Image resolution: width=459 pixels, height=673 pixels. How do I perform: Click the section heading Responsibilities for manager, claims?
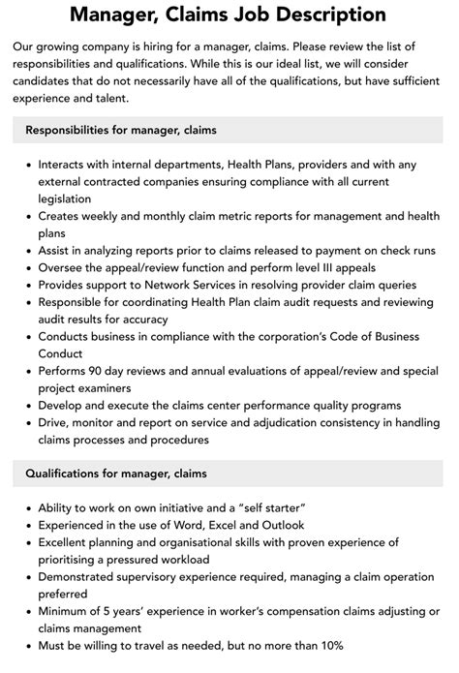point(120,129)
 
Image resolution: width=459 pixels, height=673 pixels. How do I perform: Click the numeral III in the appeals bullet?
point(329,267)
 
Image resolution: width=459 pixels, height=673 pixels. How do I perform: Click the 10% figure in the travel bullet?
point(328,646)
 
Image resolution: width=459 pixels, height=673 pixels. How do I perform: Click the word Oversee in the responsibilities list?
point(64,267)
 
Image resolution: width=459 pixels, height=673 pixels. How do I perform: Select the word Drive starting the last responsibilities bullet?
point(55,423)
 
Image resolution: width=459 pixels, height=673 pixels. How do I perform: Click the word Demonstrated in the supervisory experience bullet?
point(83,577)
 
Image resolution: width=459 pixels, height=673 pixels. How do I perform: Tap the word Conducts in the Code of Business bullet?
point(69,337)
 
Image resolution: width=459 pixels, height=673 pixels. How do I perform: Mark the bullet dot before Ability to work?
point(26,508)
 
